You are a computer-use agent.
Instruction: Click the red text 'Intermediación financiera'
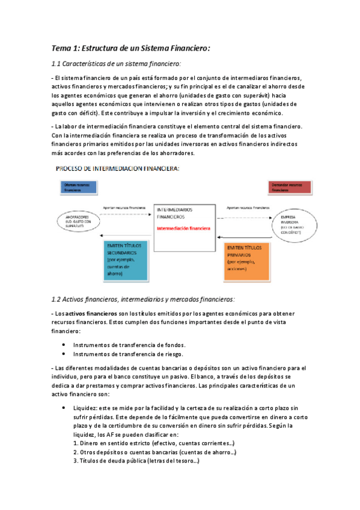click(x=183, y=229)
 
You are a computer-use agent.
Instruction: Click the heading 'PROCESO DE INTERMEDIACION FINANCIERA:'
click(x=118, y=169)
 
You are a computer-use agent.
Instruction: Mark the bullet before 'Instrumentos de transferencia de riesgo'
click(x=64, y=354)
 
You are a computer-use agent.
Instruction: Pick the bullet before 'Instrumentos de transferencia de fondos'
click(x=64, y=345)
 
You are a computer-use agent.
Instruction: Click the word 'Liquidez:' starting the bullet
click(x=87, y=407)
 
